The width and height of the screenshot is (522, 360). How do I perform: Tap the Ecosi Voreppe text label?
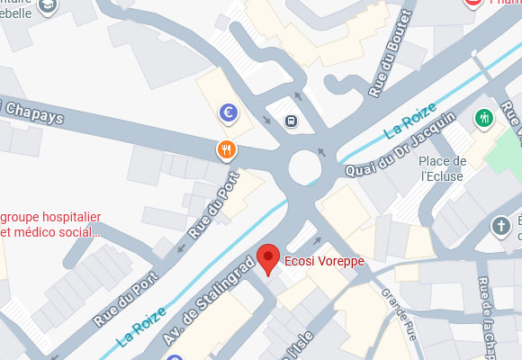pyautogui.click(x=320, y=262)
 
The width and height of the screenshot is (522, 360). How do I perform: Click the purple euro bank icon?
pyautogui.click(x=229, y=112)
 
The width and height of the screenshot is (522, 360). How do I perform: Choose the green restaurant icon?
pyautogui.click(x=484, y=118)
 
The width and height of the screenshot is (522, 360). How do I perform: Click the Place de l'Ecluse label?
pyautogui.click(x=443, y=168)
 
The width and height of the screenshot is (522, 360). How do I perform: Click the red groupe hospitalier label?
pyautogui.click(x=50, y=224)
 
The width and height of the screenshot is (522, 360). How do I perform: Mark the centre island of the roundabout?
pyautogui.click(x=304, y=166)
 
